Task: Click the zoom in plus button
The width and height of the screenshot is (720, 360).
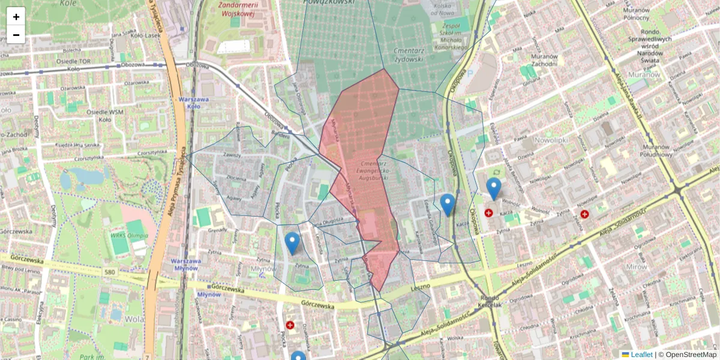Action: (16, 16)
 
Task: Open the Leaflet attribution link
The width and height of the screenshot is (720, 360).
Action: (641, 355)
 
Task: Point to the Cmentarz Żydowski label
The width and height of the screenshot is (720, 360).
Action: (409, 55)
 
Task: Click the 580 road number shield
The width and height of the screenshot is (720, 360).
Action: (109, 272)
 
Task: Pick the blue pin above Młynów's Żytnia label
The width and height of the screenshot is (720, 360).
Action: (292, 243)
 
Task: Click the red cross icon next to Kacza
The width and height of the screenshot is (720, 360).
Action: (488, 213)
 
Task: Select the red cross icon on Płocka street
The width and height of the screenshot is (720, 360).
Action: (290, 325)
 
